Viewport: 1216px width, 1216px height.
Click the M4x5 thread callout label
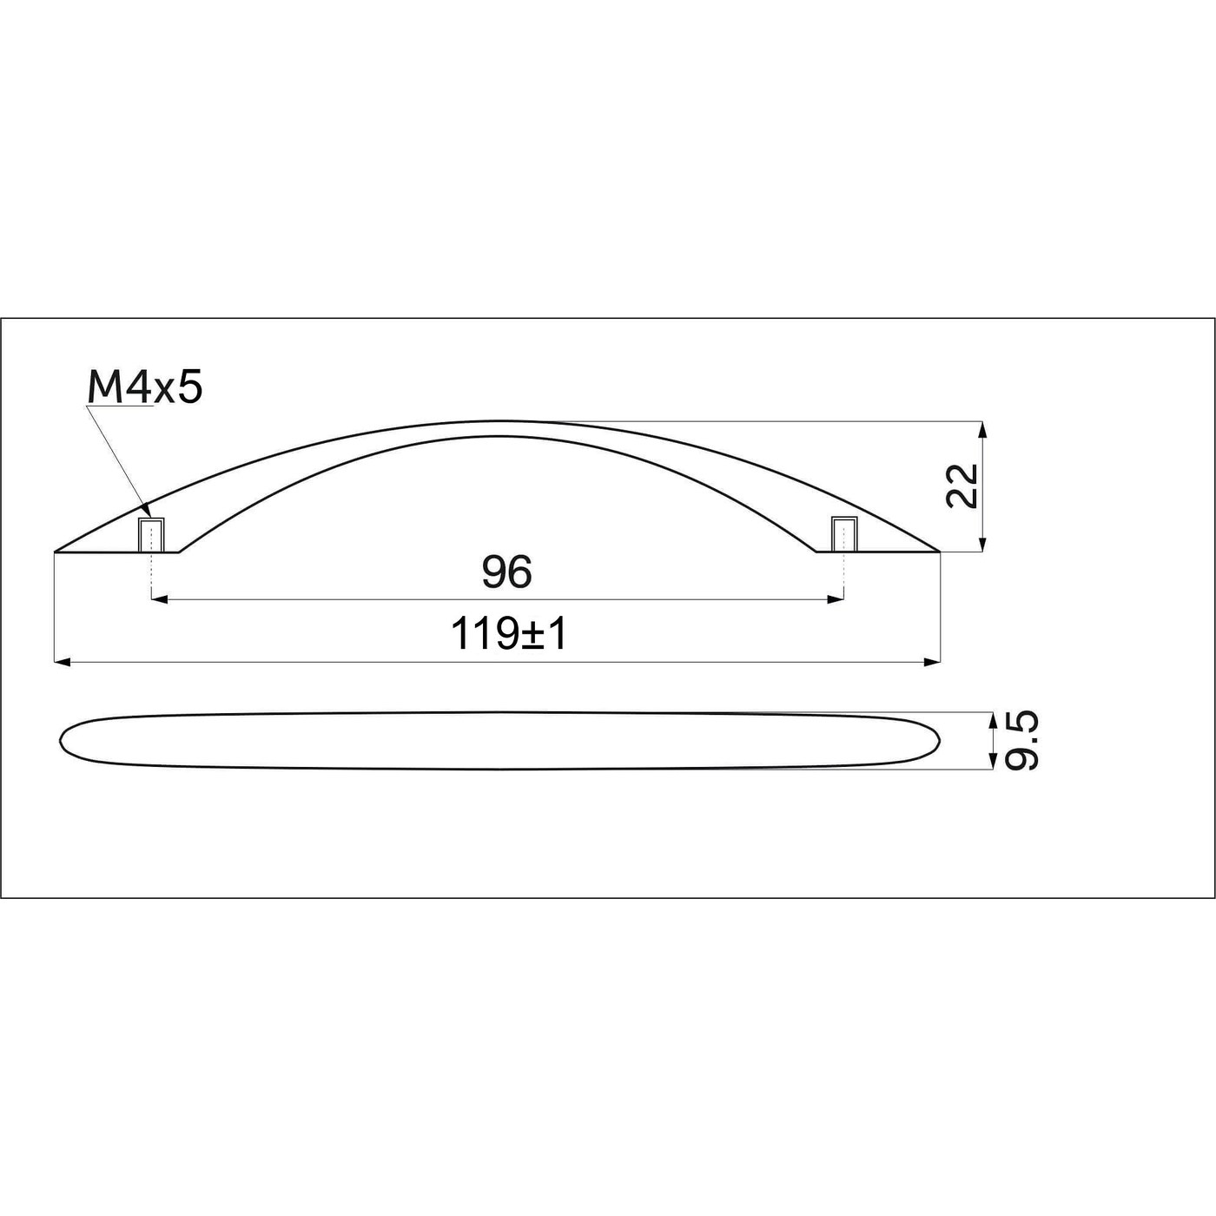(x=145, y=387)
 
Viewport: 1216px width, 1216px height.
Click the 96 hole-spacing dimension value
(x=506, y=572)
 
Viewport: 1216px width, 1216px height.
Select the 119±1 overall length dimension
(x=509, y=635)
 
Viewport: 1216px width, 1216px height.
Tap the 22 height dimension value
(x=963, y=486)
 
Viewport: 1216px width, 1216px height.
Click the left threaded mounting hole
(x=152, y=533)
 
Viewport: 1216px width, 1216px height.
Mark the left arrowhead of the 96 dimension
(x=157, y=598)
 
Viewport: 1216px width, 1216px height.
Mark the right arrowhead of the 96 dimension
(x=838, y=598)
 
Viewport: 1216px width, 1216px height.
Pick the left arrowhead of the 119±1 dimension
(x=60, y=663)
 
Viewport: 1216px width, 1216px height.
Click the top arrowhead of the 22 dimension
(x=982, y=427)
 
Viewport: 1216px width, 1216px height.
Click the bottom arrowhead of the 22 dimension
(x=982, y=545)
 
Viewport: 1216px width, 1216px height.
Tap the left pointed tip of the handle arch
(x=56, y=551)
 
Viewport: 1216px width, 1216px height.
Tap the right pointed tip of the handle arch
(x=939, y=551)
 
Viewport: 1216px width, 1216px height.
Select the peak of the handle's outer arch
(x=499, y=422)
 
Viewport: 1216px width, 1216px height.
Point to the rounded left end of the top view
(x=62, y=739)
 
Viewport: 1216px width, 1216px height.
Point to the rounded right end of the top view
(x=938, y=739)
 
